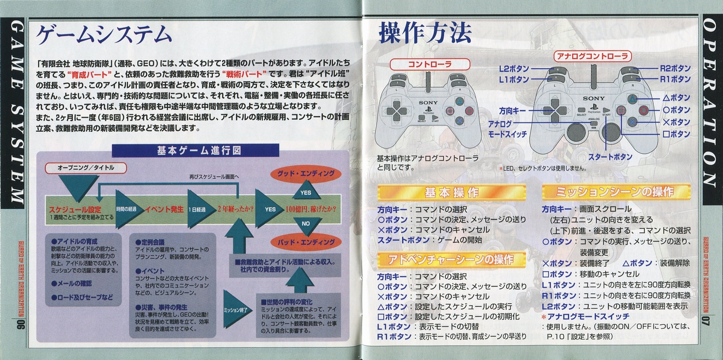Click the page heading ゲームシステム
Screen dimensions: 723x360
[x=103, y=35]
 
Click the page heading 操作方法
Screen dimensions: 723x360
[x=425, y=33]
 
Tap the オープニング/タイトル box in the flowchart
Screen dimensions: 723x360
[x=86, y=168]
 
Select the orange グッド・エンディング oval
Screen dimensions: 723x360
[x=306, y=174]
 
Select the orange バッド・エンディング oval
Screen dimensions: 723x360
[x=306, y=242]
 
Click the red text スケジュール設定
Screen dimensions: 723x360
[x=75, y=210]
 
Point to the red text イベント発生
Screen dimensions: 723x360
[x=164, y=209]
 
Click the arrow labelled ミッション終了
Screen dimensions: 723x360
[x=237, y=309]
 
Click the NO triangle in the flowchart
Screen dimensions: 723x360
[x=306, y=226]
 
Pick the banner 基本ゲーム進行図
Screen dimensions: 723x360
[x=196, y=150]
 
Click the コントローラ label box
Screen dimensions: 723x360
[x=430, y=64]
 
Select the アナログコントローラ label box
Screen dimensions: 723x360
[x=592, y=56]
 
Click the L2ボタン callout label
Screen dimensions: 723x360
[x=514, y=69]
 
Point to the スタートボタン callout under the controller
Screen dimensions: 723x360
[x=610, y=157]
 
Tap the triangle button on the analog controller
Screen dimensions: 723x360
[x=632, y=99]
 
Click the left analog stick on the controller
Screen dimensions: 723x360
[x=577, y=132]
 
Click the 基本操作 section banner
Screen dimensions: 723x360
[x=451, y=193]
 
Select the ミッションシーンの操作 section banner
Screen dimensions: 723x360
[x=616, y=192]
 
